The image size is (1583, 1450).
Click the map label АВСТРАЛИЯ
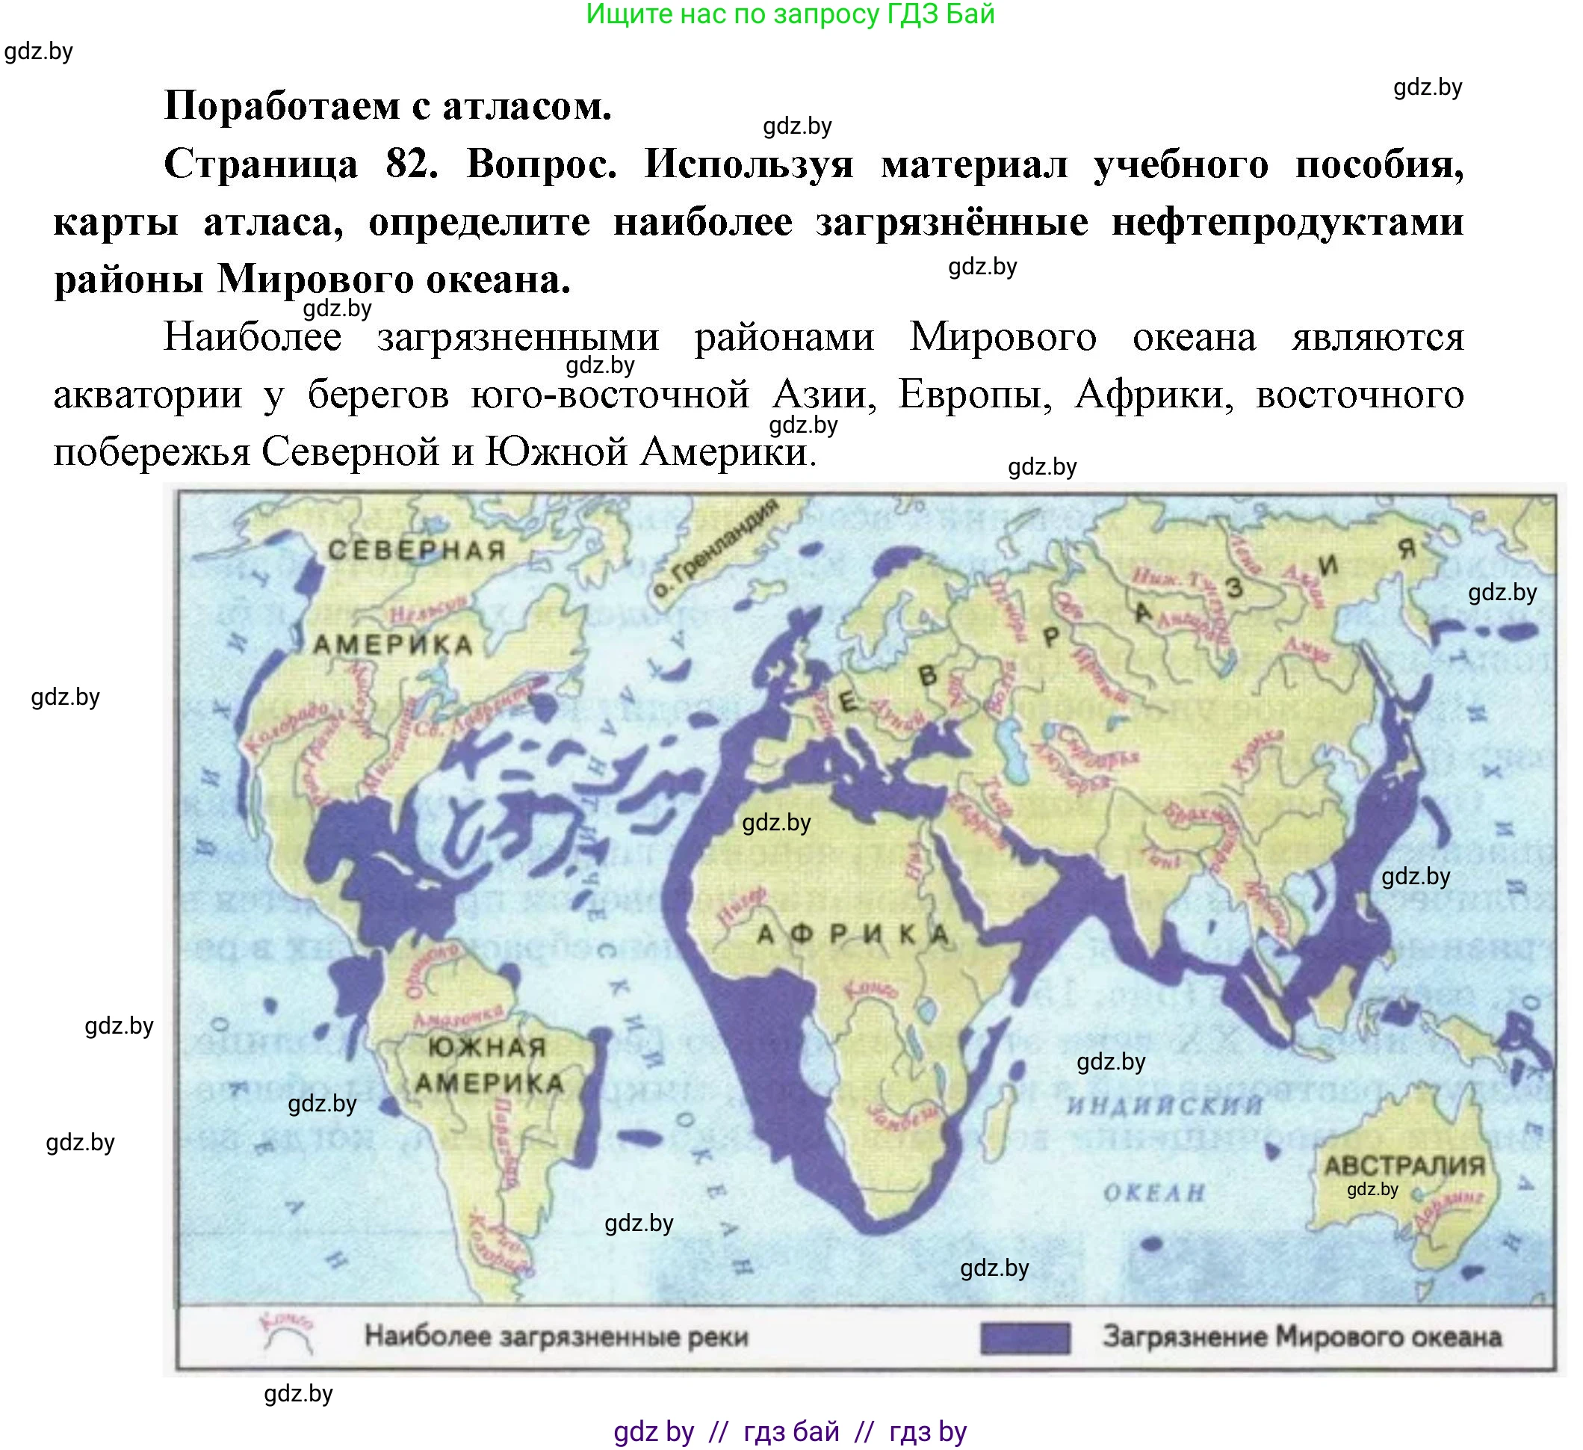coord(1404,1165)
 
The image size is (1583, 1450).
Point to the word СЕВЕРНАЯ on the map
coord(416,550)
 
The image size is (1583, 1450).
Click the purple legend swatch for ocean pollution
coord(1025,1338)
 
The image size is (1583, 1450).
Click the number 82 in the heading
coord(412,165)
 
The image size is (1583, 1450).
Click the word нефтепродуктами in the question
coord(1287,222)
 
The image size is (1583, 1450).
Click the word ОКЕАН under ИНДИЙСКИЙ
coord(1153,1193)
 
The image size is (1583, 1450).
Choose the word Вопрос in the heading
coord(541,165)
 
